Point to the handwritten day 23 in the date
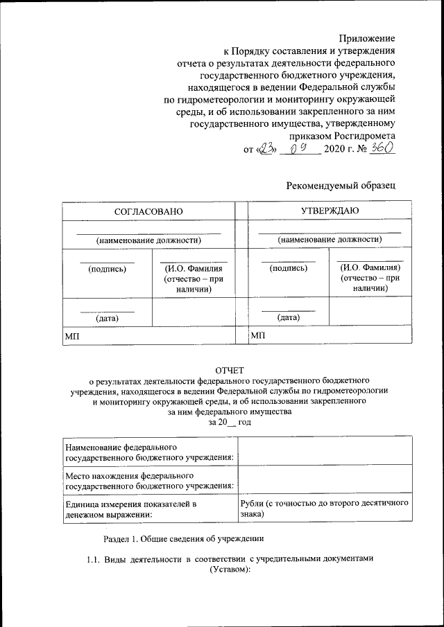tap(266, 149)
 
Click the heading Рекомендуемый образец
tap(341, 185)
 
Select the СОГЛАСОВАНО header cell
tap(148, 210)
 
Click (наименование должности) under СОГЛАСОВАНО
tap(148, 240)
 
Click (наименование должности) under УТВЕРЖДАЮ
tap(330, 239)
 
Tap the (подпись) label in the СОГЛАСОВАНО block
tap(107, 269)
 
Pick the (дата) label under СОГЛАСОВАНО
tap(107, 318)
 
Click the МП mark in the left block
tap(71, 335)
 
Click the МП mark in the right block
tap(257, 335)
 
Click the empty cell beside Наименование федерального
tap(325, 450)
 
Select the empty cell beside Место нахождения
tap(325, 479)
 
